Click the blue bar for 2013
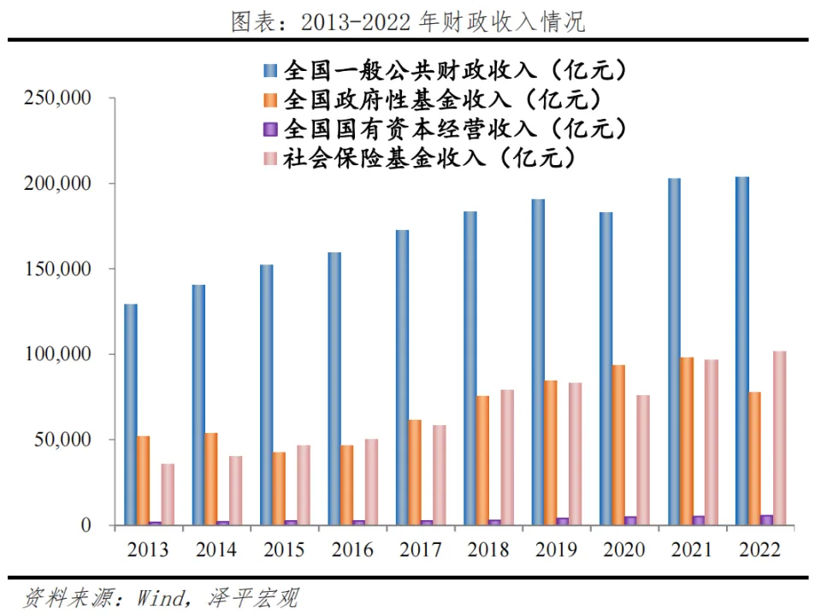click(130, 414)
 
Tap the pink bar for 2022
click(778, 438)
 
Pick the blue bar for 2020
click(606, 368)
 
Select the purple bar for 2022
click(765, 519)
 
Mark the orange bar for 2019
click(550, 452)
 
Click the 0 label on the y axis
click(86, 525)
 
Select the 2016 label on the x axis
click(351, 550)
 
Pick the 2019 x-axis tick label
click(555, 550)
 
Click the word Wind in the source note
click(159, 597)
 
